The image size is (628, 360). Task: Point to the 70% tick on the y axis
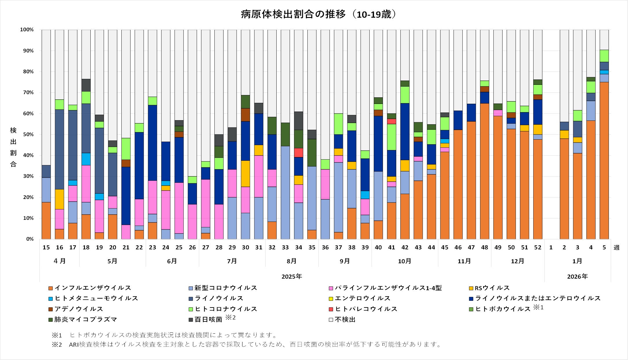[27, 93]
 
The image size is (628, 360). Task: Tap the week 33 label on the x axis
[285, 248]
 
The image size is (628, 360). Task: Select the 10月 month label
[405, 261]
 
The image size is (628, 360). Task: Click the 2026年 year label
[577, 277]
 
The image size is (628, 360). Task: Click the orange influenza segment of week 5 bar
[604, 161]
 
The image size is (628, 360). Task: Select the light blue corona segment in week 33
[285, 193]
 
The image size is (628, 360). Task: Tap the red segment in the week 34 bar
[299, 153]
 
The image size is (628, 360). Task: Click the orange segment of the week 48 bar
[485, 171]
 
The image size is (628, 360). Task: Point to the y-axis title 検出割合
[13, 147]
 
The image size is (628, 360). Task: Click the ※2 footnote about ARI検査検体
[246, 344]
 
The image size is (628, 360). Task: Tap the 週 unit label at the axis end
[616, 248]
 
